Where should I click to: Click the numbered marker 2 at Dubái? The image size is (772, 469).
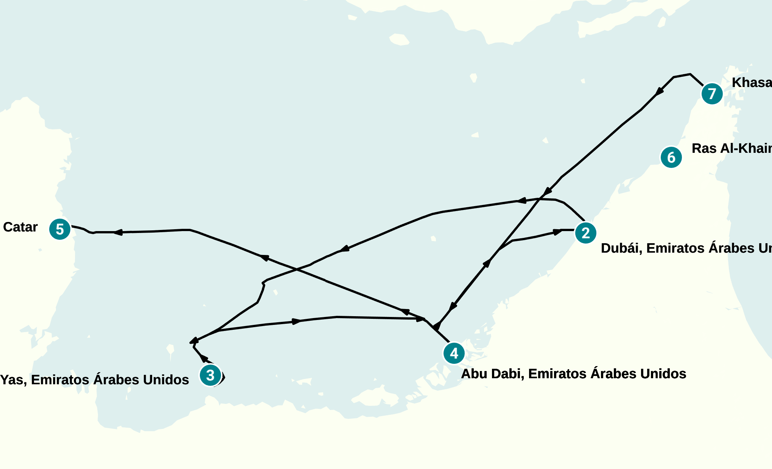585,233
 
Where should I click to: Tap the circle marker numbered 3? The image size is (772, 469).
210,375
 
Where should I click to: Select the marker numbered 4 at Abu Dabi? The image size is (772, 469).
454,353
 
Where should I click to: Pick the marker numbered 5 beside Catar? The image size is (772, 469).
60,229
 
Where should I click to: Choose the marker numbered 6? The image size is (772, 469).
671,157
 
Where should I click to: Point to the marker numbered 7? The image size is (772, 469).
712,94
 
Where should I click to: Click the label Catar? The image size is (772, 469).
20,227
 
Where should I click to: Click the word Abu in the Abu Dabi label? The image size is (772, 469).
473,374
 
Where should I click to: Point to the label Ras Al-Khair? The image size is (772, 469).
731,148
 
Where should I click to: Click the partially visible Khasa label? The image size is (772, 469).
752,82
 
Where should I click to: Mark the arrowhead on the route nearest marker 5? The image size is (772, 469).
118,232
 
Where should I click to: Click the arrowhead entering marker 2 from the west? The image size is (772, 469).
557,231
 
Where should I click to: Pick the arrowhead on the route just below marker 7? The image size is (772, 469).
660,91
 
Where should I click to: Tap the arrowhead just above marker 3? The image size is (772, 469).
204,358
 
